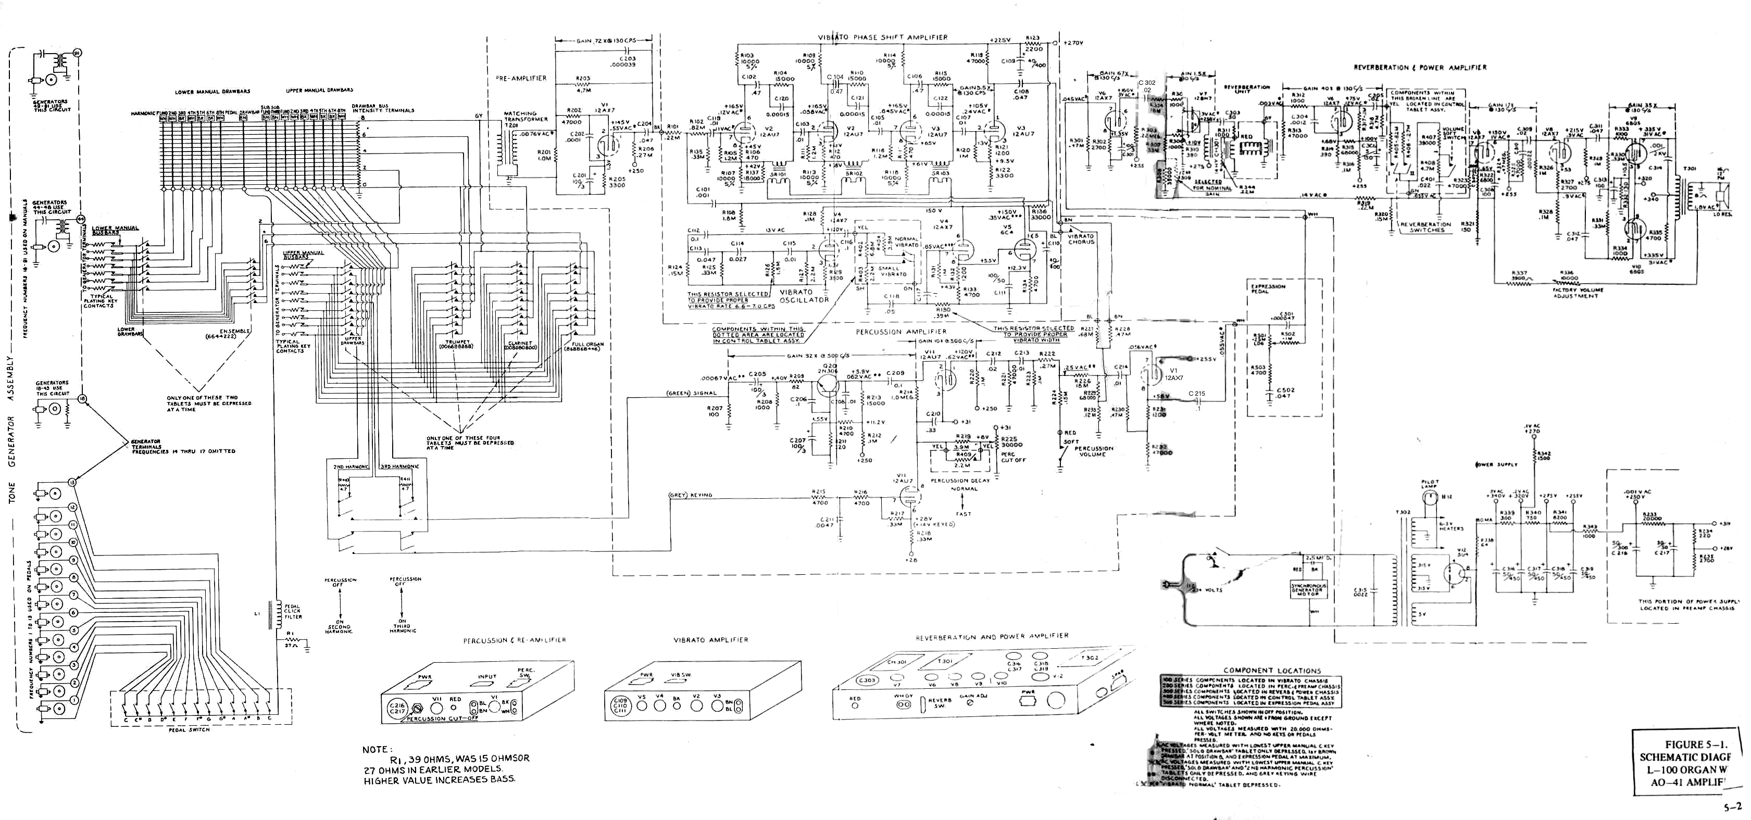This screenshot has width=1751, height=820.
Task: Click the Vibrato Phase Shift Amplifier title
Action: click(x=882, y=37)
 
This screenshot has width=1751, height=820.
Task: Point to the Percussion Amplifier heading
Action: click(x=900, y=332)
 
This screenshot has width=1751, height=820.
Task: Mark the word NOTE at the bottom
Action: click(x=374, y=749)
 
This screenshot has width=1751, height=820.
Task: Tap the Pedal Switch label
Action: click(x=189, y=729)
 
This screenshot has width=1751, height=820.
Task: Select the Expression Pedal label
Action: click(x=1268, y=289)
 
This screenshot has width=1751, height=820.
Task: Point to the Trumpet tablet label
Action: click(x=457, y=344)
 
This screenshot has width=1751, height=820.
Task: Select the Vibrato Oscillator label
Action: click(x=804, y=296)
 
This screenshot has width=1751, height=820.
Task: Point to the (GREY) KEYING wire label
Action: click(x=691, y=495)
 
